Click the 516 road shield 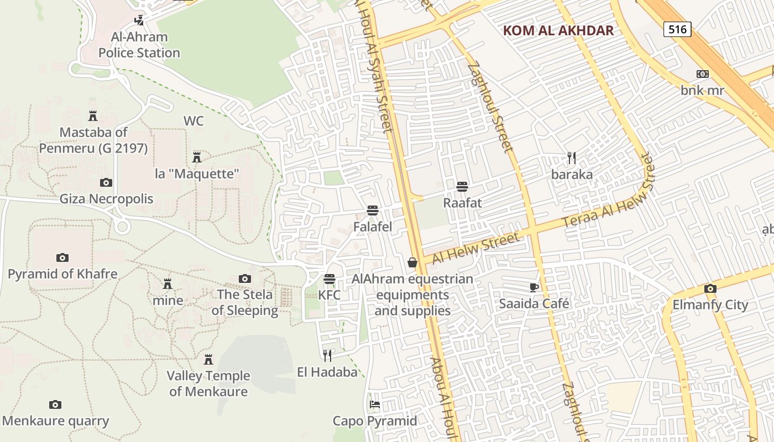[x=677, y=29]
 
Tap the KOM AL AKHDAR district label [x=558, y=30]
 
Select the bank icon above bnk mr [x=703, y=74]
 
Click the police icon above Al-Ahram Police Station [x=139, y=20]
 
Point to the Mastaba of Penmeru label [x=93, y=140]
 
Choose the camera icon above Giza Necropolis [x=106, y=183]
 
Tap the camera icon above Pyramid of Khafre [x=62, y=258]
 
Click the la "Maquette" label [x=197, y=174]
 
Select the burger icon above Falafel [x=373, y=211]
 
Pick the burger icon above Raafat [x=462, y=187]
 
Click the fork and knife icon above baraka [x=572, y=159]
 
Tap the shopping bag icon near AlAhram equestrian [x=412, y=263]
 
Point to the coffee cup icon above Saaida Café [x=534, y=287]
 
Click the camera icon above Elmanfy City [x=710, y=289]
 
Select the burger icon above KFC [x=330, y=279]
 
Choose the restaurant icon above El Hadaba [x=327, y=355]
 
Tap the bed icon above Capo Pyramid [x=375, y=404]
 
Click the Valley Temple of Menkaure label [x=209, y=383]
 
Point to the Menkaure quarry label [x=55, y=421]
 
